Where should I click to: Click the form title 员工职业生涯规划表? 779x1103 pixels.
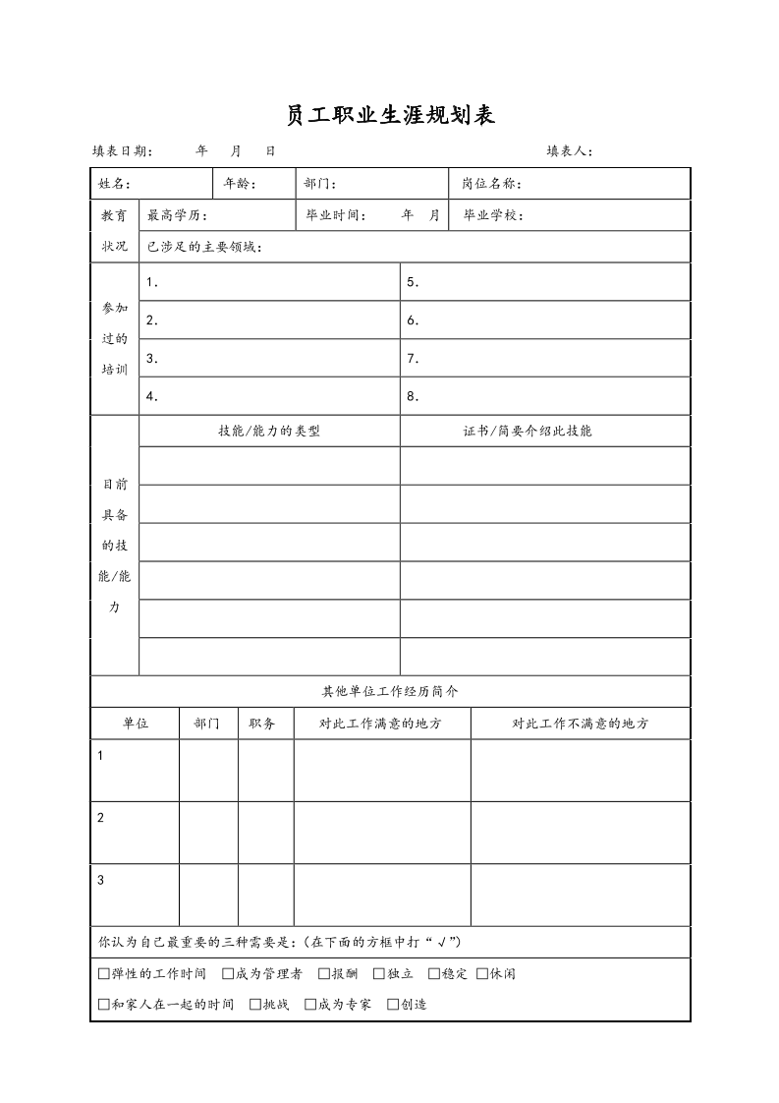point(389,116)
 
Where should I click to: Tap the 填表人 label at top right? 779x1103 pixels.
point(569,151)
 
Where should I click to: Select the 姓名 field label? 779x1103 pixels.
point(115,184)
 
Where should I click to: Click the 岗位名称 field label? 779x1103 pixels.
point(491,184)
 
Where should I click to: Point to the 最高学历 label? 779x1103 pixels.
point(176,216)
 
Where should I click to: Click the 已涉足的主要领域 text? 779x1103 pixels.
point(204,247)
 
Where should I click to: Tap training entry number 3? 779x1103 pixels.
point(152,359)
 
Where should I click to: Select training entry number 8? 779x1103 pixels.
point(414,397)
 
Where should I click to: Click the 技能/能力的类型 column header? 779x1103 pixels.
point(269,431)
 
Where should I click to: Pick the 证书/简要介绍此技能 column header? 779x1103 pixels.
point(528,431)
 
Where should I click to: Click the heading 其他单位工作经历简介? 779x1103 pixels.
point(390,691)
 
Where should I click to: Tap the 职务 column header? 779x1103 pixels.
point(262,724)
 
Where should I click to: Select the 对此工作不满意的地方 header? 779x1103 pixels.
point(580,724)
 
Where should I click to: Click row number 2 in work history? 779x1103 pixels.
point(101,818)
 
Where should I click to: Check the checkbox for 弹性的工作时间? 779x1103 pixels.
point(104,974)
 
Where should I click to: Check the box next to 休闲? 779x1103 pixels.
point(482,974)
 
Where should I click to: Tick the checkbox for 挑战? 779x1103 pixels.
point(255,1005)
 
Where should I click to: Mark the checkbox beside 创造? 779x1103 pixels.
point(393,1005)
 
